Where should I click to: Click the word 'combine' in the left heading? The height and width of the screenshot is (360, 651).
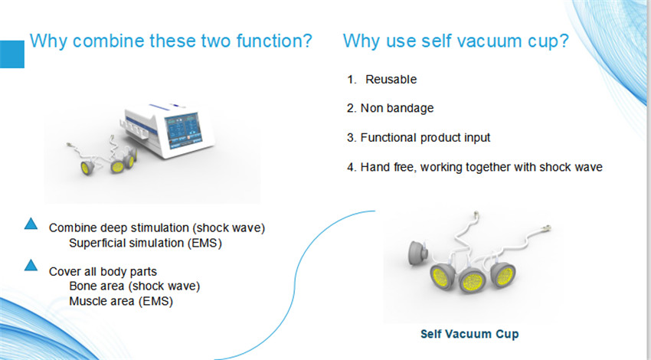(x=108, y=41)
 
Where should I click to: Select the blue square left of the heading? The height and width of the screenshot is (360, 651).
(x=12, y=54)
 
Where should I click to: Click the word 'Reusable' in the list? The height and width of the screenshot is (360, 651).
(x=391, y=80)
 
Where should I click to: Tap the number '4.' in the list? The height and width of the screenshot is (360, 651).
(x=352, y=167)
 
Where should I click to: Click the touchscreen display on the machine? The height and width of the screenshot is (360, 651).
(x=184, y=129)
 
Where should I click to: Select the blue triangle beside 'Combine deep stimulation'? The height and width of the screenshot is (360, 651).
(x=31, y=224)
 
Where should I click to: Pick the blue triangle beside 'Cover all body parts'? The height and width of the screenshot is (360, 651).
(x=31, y=265)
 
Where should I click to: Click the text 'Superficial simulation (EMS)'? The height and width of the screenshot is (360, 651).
(x=146, y=243)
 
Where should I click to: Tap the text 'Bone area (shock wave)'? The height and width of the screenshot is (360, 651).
(x=135, y=286)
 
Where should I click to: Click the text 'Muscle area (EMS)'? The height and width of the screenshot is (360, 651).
(x=121, y=301)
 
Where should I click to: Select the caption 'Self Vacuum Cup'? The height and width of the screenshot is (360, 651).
(x=469, y=334)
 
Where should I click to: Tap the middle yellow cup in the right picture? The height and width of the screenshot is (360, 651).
(x=472, y=280)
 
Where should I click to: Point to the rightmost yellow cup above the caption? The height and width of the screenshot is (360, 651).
(x=503, y=275)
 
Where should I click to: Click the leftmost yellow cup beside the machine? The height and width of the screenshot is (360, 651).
(x=87, y=167)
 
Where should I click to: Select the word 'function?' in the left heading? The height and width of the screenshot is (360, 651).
(x=274, y=41)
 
